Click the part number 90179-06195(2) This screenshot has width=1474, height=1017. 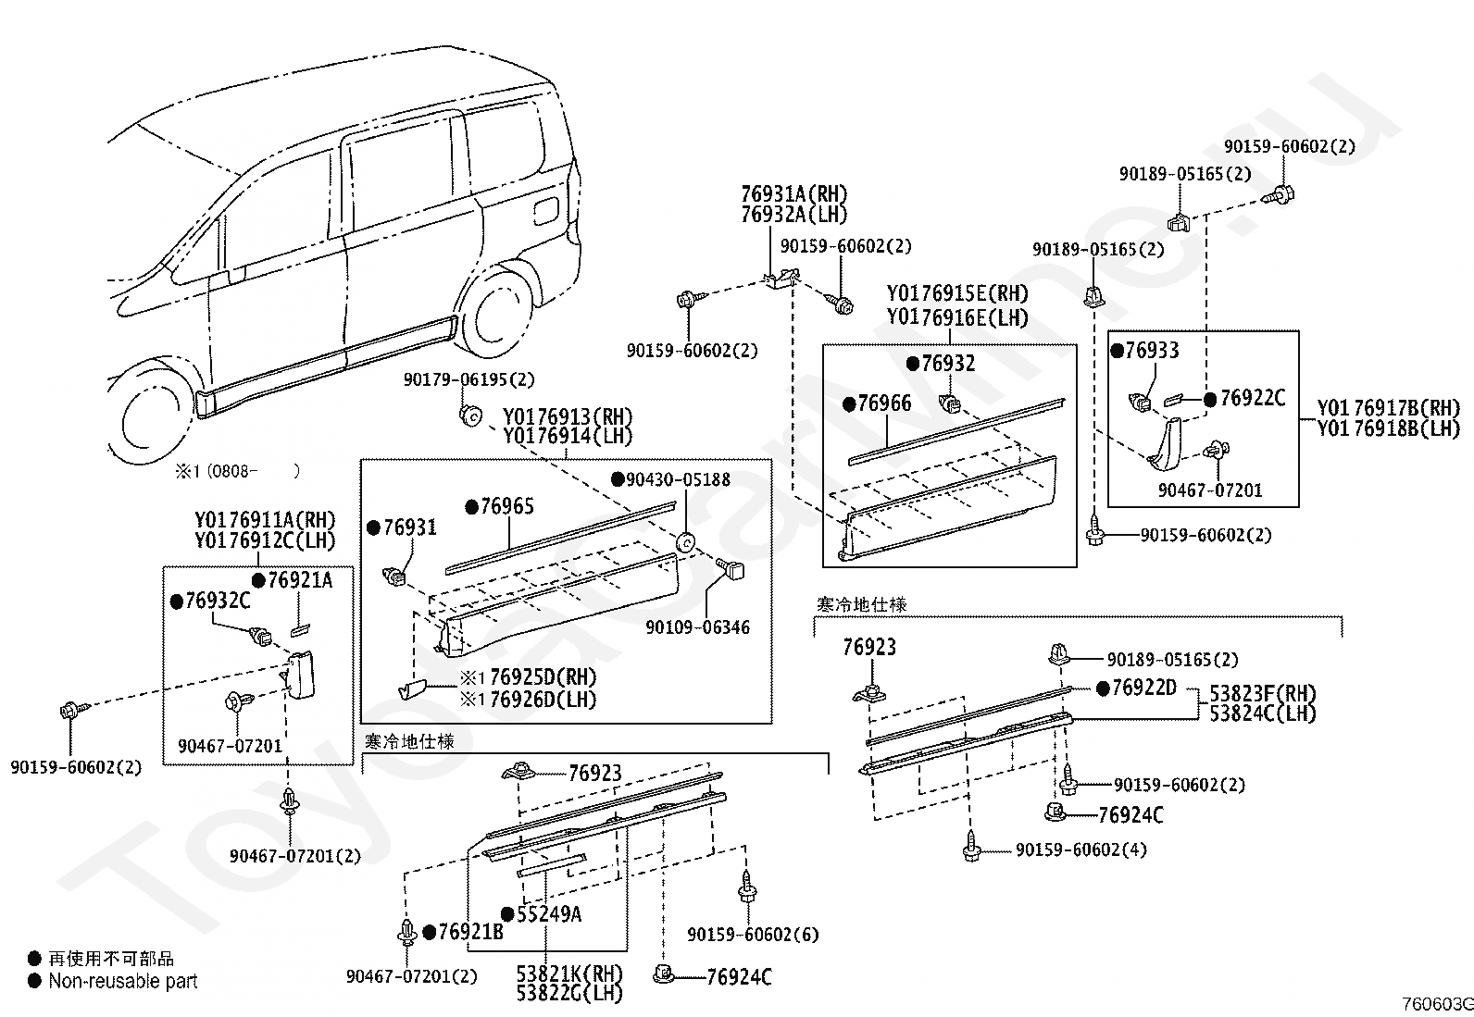click(x=469, y=379)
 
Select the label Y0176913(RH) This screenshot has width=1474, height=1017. click(x=568, y=416)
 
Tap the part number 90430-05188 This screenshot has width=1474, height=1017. click(x=679, y=479)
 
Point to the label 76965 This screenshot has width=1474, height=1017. click(x=507, y=506)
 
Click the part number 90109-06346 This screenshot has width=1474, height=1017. click(x=697, y=626)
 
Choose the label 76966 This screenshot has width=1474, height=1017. click(x=884, y=403)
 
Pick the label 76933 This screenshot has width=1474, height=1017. click(x=1152, y=350)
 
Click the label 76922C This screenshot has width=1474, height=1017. click(x=1252, y=398)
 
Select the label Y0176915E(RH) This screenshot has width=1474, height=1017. click(x=957, y=293)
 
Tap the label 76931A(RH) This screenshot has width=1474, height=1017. click(x=794, y=194)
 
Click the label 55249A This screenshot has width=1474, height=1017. click(x=549, y=913)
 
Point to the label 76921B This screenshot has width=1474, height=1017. click(x=470, y=932)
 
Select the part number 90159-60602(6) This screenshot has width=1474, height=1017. click(x=753, y=934)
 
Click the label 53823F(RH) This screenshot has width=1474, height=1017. click(x=1263, y=693)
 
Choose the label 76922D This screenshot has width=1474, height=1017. click(x=1144, y=688)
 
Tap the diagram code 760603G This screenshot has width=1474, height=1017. click(x=1437, y=1004)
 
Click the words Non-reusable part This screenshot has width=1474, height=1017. click(x=123, y=981)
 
